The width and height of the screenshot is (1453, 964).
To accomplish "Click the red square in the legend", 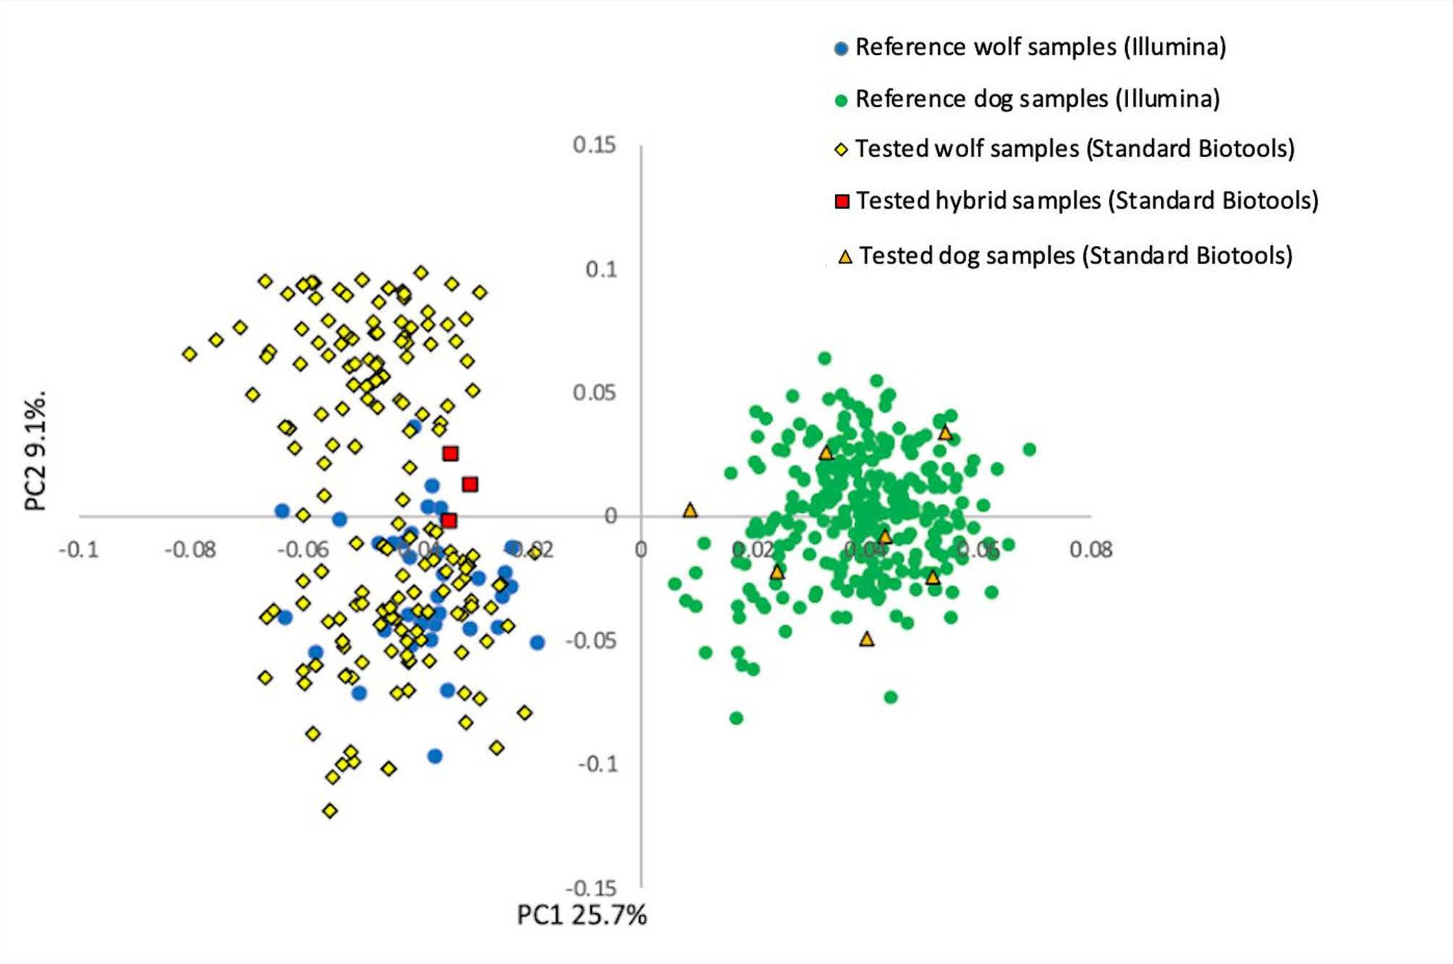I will [x=842, y=201].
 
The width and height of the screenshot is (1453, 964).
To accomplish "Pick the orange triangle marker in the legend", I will [x=844, y=257].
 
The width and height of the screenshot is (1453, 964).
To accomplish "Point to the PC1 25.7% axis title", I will [x=582, y=916].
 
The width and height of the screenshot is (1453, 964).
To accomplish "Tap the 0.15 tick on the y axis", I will [x=594, y=145].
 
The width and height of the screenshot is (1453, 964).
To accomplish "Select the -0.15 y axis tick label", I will [x=590, y=889].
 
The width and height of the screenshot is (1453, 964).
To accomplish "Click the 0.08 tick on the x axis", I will [x=1090, y=550].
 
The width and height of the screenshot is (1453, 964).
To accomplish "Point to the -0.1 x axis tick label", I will [x=78, y=550].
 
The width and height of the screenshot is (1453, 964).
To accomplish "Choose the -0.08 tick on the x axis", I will [x=190, y=550].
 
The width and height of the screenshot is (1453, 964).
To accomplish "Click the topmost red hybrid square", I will [x=451, y=454].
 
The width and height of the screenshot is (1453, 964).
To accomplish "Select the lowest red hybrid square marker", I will [x=449, y=520].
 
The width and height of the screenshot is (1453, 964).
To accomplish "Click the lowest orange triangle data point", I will [x=867, y=639].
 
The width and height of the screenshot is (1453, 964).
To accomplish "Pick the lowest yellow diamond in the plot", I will [x=330, y=811].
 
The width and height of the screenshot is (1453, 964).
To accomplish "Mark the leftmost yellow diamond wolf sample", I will [x=190, y=354].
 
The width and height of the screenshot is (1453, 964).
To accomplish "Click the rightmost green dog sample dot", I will [x=1029, y=449].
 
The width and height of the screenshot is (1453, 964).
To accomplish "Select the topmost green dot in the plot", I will [x=824, y=358].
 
